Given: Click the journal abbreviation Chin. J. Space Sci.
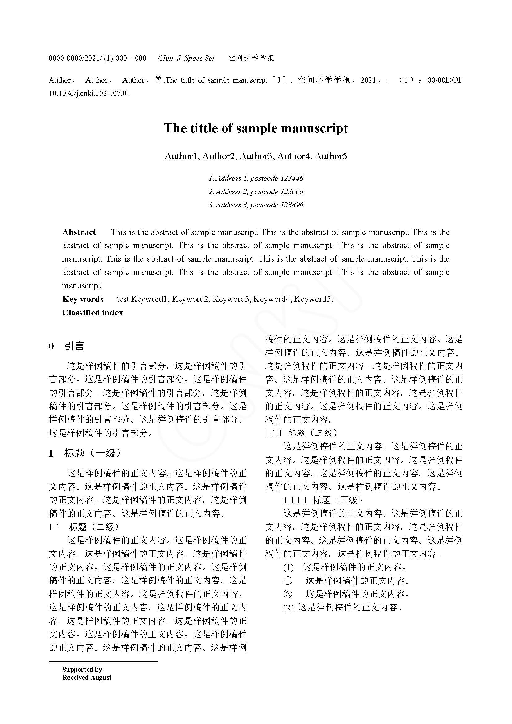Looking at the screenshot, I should (187, 58).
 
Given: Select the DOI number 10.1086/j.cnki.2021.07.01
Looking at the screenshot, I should (89, 94).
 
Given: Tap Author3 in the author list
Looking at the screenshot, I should (256, 156).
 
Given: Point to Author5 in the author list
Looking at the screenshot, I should (330, 156).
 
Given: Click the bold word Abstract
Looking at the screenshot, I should (79, 232).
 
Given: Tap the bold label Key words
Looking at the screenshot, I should (83, 299).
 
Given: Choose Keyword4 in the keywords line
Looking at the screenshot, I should (272, 299).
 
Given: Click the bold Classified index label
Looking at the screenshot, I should (92, 313).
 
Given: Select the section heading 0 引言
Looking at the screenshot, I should (67, 346).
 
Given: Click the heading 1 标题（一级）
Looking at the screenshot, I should (85, 453).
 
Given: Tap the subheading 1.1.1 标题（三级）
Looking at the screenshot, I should (301, 433).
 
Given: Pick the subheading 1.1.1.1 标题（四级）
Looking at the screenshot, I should (323, 500).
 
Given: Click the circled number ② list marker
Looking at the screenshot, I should (288, 594).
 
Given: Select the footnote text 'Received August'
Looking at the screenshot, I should (87, 677).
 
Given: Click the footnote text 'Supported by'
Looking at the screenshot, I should (82, 669).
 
